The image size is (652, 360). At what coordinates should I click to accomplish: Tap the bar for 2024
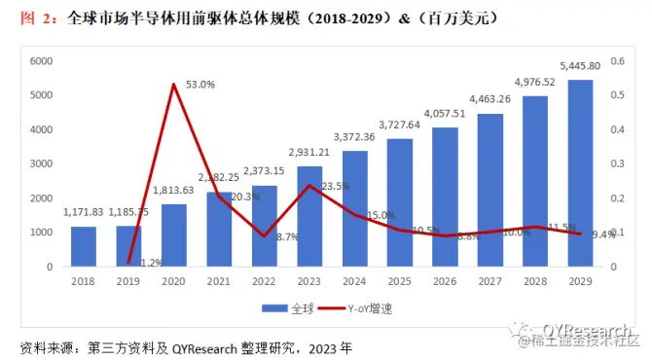pyautogui.click(x=355, y=208)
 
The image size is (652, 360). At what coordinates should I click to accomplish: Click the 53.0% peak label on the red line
pyautogui.click(x=200, y=85)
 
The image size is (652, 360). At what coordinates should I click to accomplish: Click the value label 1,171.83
pyautogui.click(x=83, y=211)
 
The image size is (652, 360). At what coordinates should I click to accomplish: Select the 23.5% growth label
pyautogui.click(x=335, y=186)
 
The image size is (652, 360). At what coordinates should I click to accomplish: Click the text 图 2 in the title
pyautogui.click(x=35, y=18)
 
